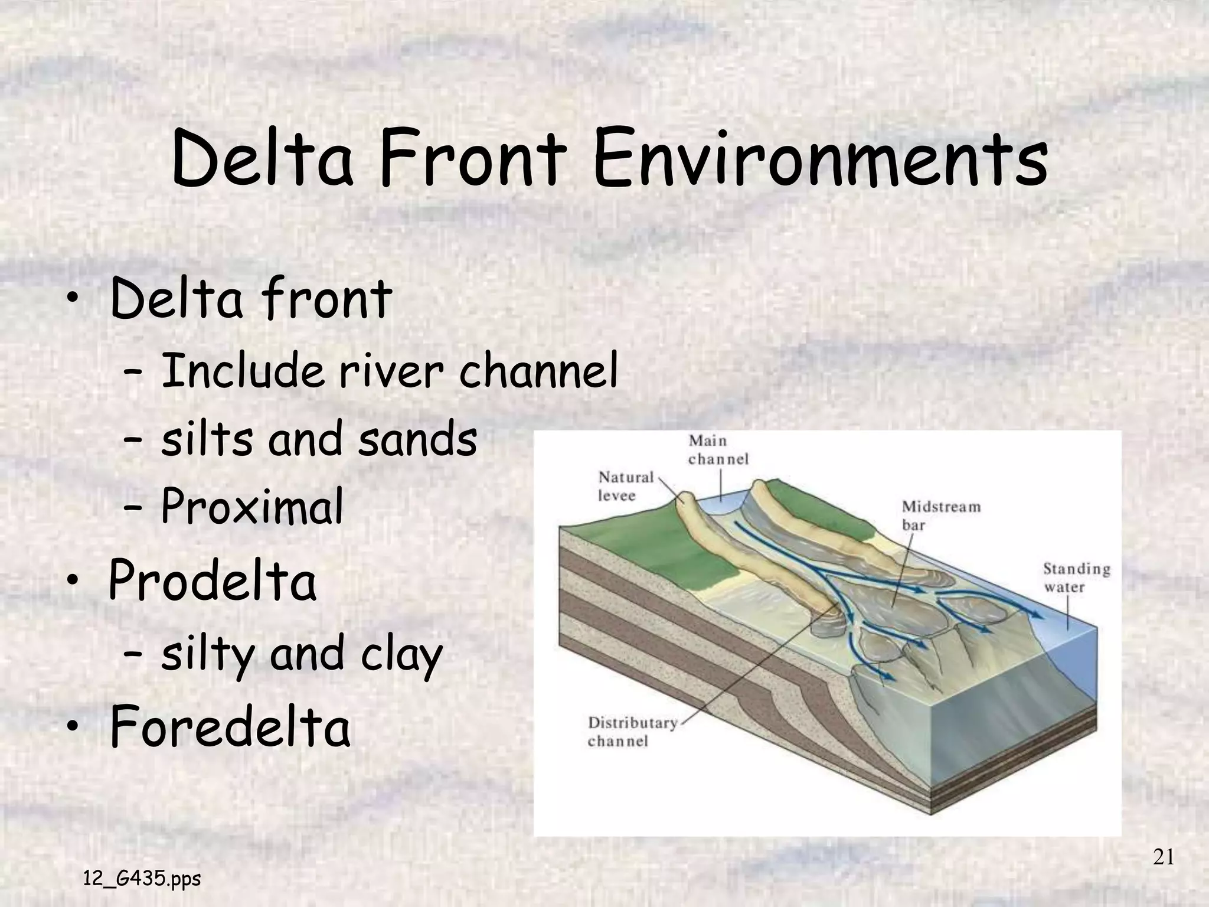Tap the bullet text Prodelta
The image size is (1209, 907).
(x=213, y=581)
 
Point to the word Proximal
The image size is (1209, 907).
(x=252, y=507)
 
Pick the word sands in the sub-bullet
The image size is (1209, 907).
(x=417, y=439)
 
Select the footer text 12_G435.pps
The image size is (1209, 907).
(x=142, y=879)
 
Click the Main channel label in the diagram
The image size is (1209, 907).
(x=718, y=450)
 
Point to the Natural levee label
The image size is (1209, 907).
(x=626, y=486)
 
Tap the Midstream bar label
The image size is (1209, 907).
(x=941, y=516)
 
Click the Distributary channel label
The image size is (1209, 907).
(x=632, y=732)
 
